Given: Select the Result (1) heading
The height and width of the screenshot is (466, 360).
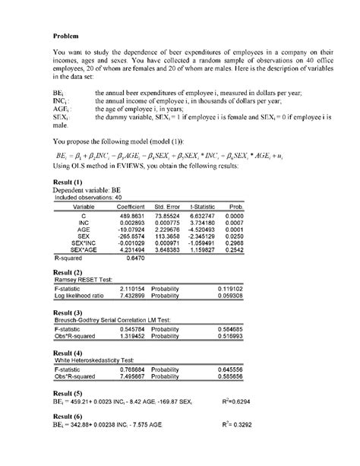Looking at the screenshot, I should (68, 182).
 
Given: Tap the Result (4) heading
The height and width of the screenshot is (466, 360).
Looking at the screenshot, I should (68, 353).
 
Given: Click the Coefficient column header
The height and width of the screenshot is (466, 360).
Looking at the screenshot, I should (130, 207).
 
